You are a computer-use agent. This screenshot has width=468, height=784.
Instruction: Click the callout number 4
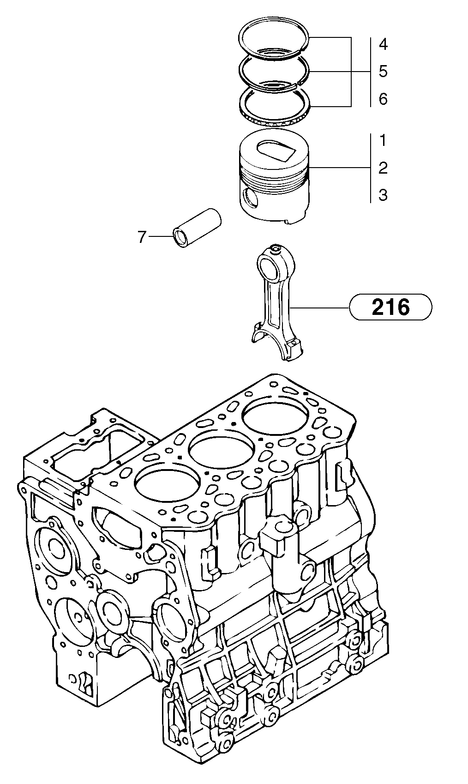pos(383,45)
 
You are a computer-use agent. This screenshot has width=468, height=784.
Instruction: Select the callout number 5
pos(383,72)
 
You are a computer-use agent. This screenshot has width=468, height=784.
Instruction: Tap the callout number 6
pos(383,99)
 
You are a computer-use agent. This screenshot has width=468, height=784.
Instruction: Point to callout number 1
pos(383,141)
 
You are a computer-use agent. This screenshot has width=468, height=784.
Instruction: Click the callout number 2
pos(383,168)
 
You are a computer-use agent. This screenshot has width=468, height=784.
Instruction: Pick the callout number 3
pos(383,195)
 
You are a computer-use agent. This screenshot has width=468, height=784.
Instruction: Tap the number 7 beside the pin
pos(142,237)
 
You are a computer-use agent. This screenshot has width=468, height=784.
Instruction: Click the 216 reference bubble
pos(391,307)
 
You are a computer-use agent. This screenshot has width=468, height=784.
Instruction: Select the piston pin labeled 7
pos(198,229)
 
